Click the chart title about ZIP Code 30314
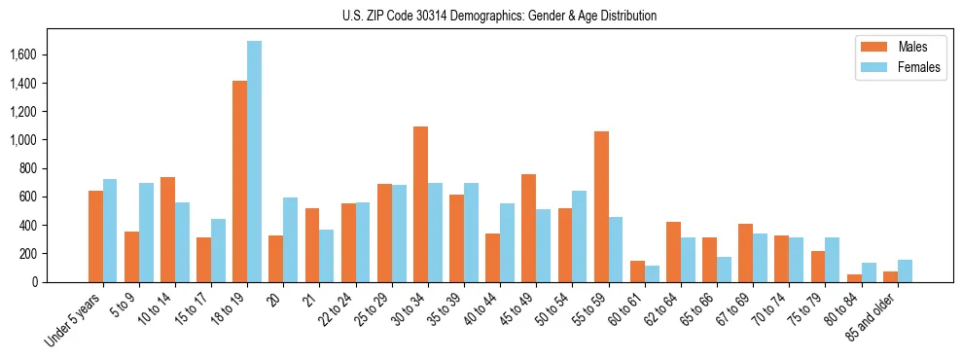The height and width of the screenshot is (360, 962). click(x=499, y=16)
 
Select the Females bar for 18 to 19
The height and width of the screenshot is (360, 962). click(x=254, y=162)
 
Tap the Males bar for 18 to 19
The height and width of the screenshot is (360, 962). click(x=239, y=181)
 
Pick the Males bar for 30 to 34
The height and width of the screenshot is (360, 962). click(x=420, y=204)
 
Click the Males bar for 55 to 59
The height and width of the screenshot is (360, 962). click(x=601, y=206)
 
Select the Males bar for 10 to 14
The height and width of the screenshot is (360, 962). click(x=167, y=230)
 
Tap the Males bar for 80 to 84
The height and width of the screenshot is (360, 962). click(x=854, y=278)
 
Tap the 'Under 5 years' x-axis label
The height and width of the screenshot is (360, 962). click(x=74, y=321)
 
